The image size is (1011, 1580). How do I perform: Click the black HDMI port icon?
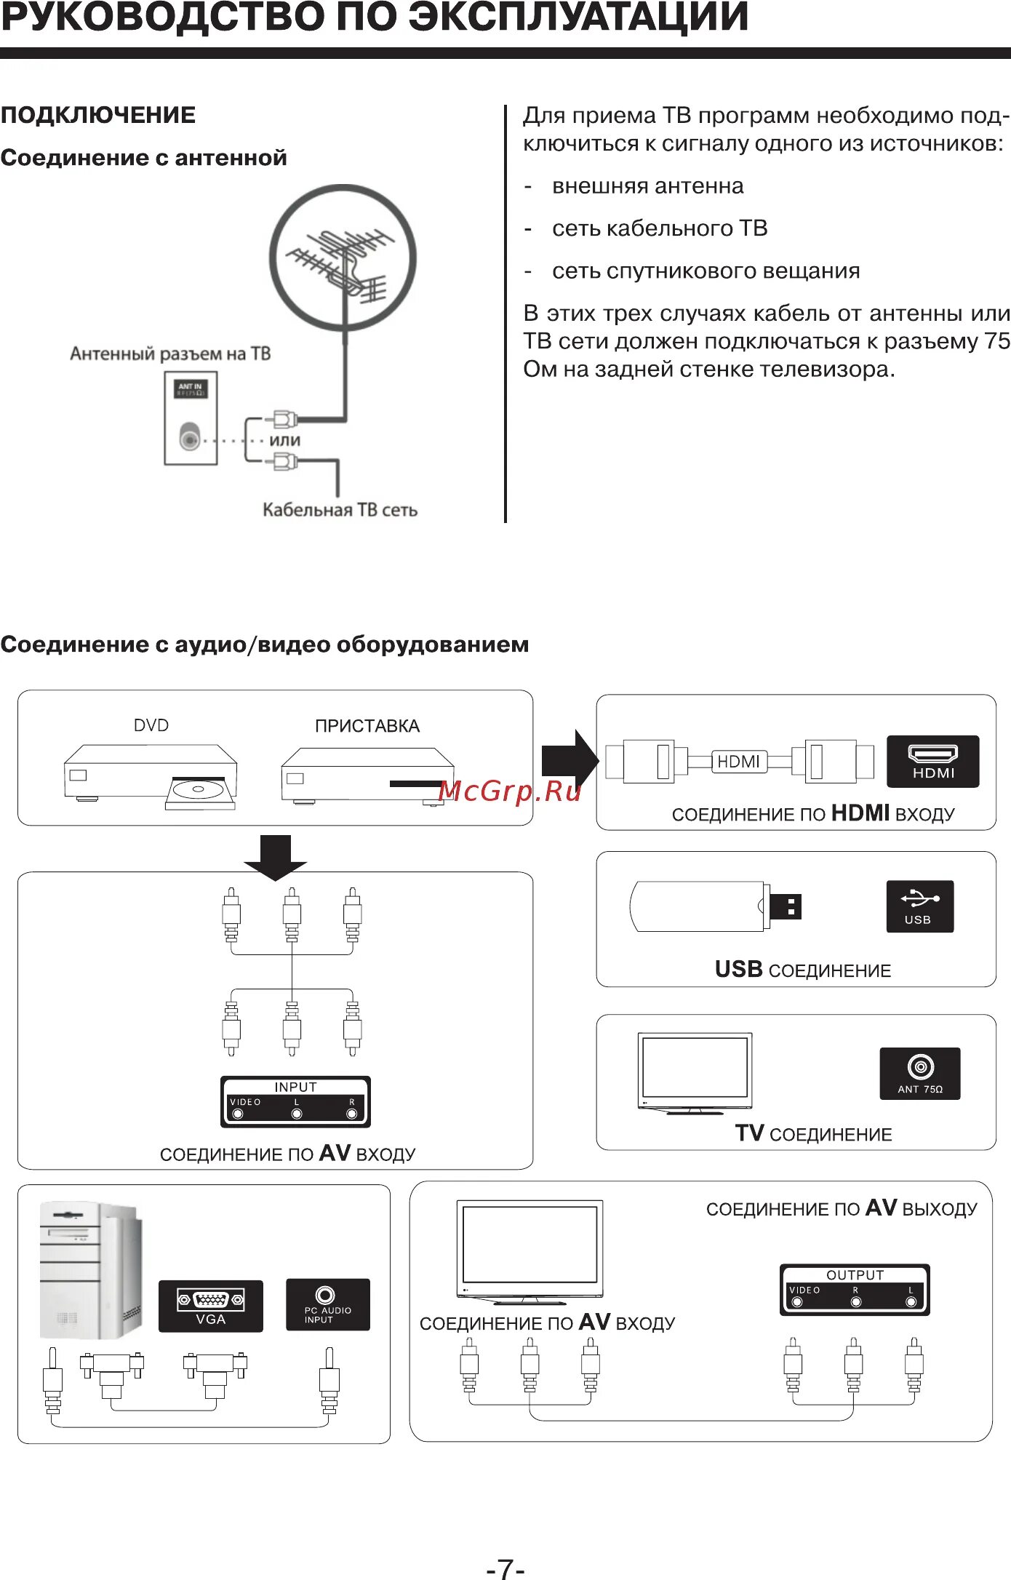point(932,761)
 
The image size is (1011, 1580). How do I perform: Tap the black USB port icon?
point(919,906)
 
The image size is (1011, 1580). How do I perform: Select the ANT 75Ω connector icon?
point(919,1072)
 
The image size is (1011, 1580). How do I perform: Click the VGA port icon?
point(210,1306)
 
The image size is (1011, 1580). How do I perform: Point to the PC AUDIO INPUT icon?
point(327,1304)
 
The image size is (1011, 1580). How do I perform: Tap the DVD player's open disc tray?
point(200,792)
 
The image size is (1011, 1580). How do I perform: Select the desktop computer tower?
point(91,1269)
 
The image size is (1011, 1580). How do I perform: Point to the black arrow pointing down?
point(275,857)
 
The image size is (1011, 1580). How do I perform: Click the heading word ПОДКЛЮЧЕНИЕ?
point(98,115)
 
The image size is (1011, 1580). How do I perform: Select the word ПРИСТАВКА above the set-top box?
point(367,726)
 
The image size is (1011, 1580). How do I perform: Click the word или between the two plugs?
point(284,440)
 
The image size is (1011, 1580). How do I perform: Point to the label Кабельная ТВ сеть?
point(340,510)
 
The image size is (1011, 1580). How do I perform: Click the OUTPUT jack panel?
point(855,1290)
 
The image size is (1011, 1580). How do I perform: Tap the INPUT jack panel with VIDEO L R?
point(295,1101)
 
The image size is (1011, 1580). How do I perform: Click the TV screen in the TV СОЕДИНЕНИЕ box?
point(695,1068)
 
